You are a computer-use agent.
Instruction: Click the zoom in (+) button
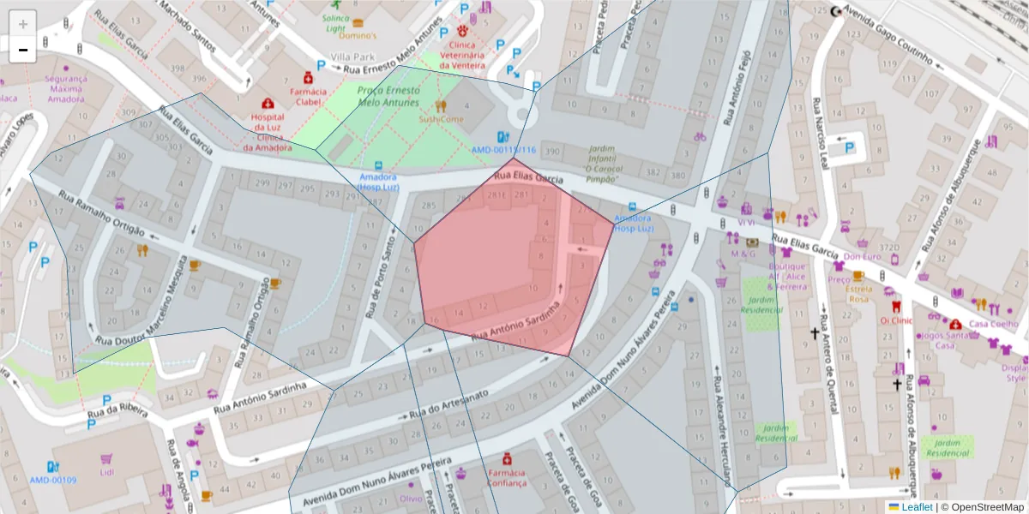tap(23, 24)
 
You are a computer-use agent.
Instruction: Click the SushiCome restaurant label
tap(441, 119)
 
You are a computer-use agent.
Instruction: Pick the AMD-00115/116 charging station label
tap(503, 150)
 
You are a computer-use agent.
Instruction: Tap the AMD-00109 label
tap(53, 481)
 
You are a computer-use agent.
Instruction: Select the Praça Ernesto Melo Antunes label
tap(388, 96)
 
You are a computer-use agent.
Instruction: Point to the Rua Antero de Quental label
tap(827, 361)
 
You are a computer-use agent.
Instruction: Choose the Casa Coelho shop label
tap(993, 324)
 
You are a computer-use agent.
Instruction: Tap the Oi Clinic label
tap(895, 320)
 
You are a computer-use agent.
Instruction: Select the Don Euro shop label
tap(862, 256)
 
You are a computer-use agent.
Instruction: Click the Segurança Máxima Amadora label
tap(66, 88)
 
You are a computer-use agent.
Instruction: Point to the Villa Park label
tap(359, 56)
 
